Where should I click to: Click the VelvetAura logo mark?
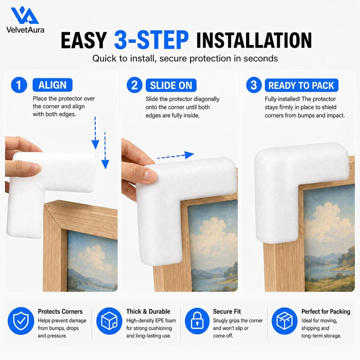click(25, 15)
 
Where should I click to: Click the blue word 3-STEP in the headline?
click(152, 40)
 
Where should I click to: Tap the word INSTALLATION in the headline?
click(254, 40)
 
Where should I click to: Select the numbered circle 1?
click(19, 85)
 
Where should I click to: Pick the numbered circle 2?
click(135, 85)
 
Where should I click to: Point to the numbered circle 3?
click(254, 85)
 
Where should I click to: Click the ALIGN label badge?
click(53, 85)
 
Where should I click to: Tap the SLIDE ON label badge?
click(171, 85)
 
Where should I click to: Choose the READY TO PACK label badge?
click(301, 85)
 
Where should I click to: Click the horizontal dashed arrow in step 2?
click(176, 156)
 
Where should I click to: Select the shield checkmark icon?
click(21, 321)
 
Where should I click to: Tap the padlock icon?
click(197, 321)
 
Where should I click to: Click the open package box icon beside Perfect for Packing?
click(285, 321)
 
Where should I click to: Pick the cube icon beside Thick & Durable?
click(109, 321)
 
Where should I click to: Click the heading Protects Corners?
click(60, 311)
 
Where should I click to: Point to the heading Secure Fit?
click(227, 311)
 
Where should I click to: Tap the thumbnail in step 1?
click(36, 169)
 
